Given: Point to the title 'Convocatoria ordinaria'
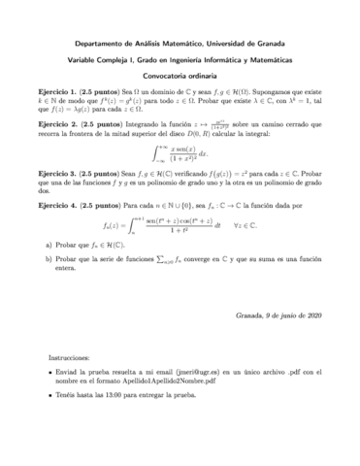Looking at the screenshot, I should click(x=180, y=81).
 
